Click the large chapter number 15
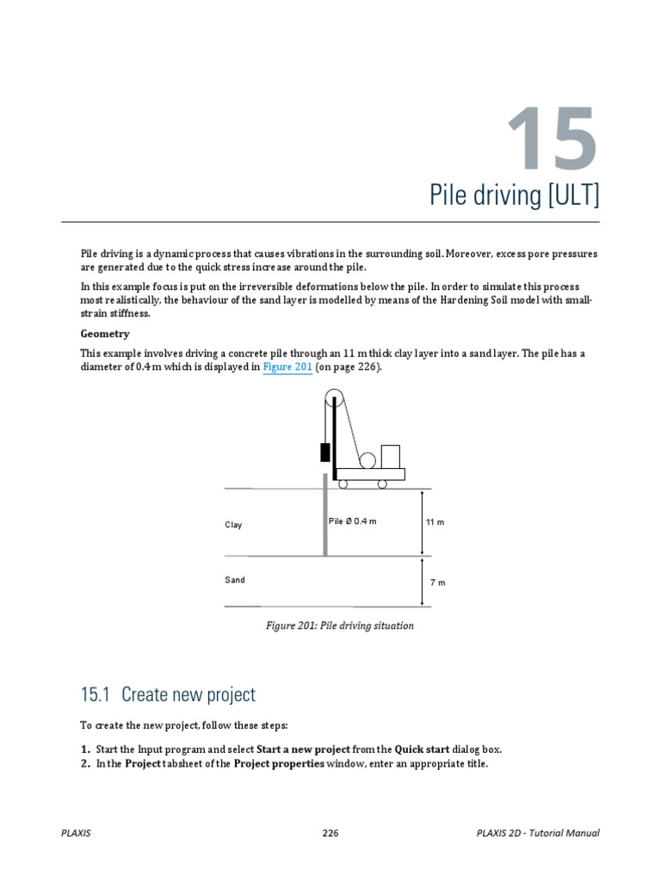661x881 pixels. (550, 138)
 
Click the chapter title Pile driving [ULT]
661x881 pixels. (514, 195)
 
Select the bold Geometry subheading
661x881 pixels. (105, 333)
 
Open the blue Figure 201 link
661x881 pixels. (287, 367)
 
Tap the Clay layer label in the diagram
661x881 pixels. (233, 525)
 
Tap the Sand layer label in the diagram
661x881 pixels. (235, 580)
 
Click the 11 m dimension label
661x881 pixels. (435, 522)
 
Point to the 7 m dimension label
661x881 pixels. (437, 582)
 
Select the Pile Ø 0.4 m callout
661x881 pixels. (352, 521)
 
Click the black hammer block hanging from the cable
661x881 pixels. (324, 452)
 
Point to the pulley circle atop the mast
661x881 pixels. (334, 398)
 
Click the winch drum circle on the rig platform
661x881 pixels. (368, 460)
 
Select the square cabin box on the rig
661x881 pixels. (390, 456)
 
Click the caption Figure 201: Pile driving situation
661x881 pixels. (339, 625)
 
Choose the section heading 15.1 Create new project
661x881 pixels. (168, 693)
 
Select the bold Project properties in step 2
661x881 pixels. (279, 763)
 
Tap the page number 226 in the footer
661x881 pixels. (330, 833)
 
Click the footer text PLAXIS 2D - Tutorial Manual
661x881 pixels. (537, 833)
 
